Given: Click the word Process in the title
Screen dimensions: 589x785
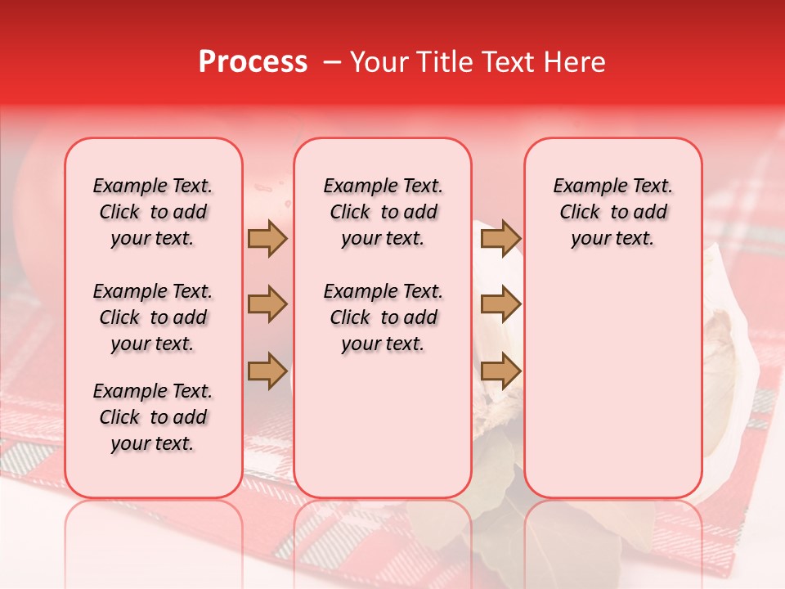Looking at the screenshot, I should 253,62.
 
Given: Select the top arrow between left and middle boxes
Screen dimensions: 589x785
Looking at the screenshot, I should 267,238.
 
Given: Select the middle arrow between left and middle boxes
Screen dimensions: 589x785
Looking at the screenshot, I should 267,304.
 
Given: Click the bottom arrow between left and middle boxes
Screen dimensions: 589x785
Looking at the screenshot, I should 267,370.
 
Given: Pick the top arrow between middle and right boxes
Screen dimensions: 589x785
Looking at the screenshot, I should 500,238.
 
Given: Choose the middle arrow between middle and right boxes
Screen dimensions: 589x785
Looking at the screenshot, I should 500,304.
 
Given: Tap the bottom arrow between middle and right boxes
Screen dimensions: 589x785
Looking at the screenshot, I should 500,370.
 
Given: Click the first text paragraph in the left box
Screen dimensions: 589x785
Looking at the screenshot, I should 153,212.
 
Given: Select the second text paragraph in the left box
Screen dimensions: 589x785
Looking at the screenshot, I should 153,317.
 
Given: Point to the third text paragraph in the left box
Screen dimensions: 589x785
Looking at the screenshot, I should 153,417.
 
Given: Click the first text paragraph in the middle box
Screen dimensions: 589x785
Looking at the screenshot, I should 383,212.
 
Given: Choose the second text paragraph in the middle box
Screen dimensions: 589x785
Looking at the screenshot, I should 383,317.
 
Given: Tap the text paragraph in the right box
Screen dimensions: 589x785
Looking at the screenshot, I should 612,212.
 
